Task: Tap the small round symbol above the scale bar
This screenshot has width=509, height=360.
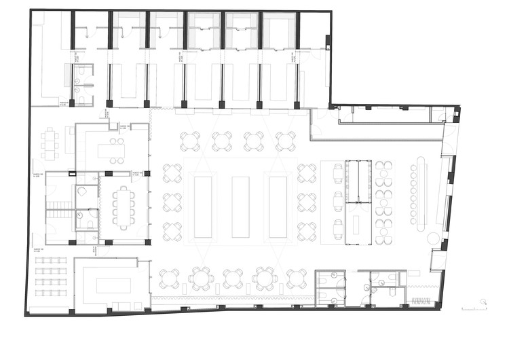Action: click(483, 302)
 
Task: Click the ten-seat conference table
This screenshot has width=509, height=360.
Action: click(124, 207)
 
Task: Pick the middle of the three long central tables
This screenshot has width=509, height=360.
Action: click(240, 206)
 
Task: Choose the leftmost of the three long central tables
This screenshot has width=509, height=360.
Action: click(203, 206)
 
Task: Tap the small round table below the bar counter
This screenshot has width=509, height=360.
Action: click(432, 237)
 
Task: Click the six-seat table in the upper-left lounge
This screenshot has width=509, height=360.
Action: click(50, 143)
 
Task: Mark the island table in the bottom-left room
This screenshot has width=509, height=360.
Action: click(113, 285)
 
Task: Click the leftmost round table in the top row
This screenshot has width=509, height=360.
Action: click(191, 141)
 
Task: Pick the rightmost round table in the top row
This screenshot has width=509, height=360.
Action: click(286, 141)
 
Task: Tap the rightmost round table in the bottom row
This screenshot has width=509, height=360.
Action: click(296, 278)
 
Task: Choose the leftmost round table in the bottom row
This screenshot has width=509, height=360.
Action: click(169, 278)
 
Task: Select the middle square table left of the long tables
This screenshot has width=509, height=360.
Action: click(172, 202)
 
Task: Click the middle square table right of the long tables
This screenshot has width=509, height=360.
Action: click(307, 202)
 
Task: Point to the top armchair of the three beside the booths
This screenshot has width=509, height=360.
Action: click(338, 174)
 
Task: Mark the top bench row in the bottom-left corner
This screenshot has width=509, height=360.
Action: click(52, 260)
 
